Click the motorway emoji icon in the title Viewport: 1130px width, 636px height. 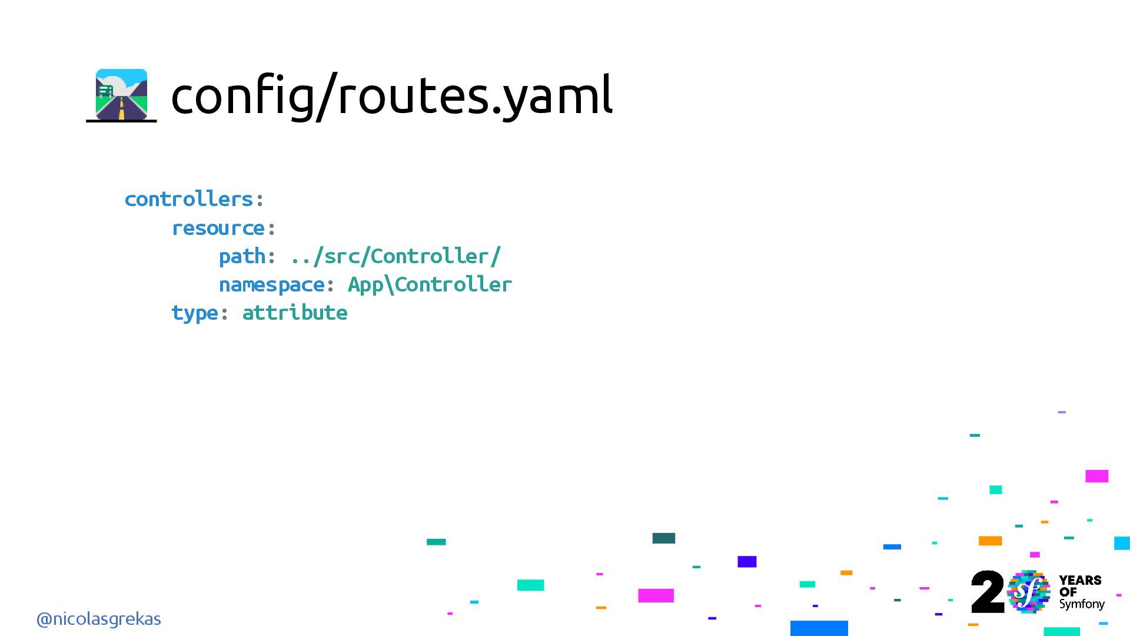(x=121, y=95)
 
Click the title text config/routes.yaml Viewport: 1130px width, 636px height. (x=391, y=95)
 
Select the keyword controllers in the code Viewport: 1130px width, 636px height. (x=189, y=199)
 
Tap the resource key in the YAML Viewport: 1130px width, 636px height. (x=218, y=228)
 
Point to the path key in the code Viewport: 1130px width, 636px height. (x=242, y=256)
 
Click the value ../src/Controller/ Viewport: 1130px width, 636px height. (x=395, y=256)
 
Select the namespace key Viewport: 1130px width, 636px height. (x=271, y=284)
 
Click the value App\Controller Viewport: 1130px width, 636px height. (x=430, y=284)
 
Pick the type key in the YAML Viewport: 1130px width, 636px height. (x=194, y=313)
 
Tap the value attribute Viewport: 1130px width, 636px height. (x=295, y=313)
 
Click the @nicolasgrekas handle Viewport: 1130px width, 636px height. (x=98, y=619)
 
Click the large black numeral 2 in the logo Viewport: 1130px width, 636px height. (x=987, y=592)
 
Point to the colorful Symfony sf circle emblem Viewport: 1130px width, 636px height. (x=1028, y=592)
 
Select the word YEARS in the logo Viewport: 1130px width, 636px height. (x=1080, y=581)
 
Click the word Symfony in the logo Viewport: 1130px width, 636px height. (x=1082, y=604)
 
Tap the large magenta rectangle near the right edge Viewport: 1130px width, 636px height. (x=1096, y=476)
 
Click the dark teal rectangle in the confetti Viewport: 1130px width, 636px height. (x=663, y=538)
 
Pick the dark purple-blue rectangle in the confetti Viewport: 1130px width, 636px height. (x=747, y=561)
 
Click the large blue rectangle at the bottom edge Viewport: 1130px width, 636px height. (x=819, y=628)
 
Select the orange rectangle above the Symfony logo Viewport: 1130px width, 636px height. (x=990, y=541)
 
